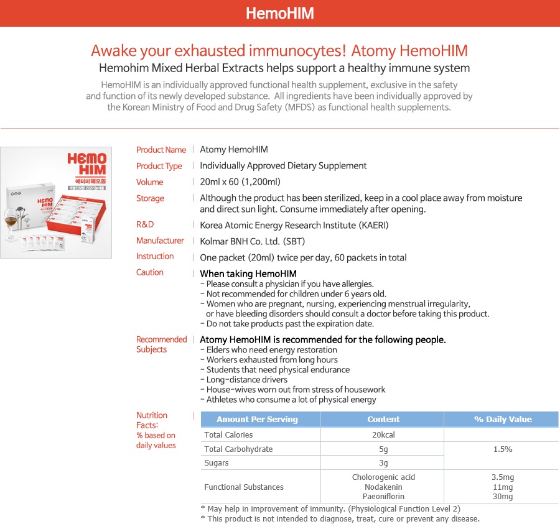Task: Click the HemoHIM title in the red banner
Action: click(279, 13)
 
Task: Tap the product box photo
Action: click(56, 203)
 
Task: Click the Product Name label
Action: click(161, 150)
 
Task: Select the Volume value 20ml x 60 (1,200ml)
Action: click(240, 182)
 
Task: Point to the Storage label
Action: click(150, 198)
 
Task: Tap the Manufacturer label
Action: click(160, 241)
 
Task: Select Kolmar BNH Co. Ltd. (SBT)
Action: click(252, 241)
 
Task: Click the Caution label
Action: click(150, 272)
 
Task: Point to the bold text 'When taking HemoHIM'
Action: click(248, 273)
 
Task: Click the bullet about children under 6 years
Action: click(296, 294)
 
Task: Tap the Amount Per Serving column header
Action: click(257, 419)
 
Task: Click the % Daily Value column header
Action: click(503, 419)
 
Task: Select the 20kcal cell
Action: click(383, 435)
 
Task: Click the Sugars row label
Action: click(217, 463)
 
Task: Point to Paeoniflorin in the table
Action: click(383, 497)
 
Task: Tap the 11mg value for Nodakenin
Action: click(502, 487)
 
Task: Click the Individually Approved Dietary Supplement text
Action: click(283, 166)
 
